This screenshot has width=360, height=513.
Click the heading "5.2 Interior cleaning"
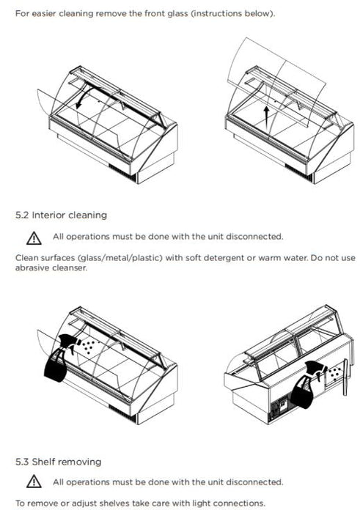coord(61,215)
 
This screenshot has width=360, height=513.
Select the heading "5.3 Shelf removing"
coord(58,462)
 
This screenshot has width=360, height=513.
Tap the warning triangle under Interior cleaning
coord(34,238)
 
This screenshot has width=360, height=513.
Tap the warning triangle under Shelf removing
coord(34,482)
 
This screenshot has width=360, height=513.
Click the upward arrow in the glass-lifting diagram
coord(267,117)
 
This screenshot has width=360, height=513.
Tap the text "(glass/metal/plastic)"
coord(120,258)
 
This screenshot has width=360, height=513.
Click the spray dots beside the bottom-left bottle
coord(89,346)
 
